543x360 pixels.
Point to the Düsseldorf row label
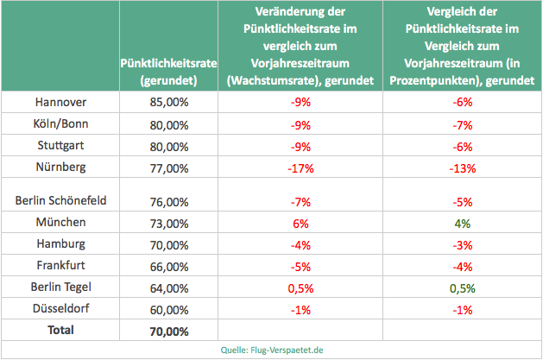(60, 308)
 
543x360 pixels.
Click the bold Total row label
(60, 330)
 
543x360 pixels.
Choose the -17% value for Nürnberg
(300, 167)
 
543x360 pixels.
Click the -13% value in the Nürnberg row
(462, 167)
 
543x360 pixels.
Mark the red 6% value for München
(300, 223)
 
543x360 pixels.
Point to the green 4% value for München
(462, 223)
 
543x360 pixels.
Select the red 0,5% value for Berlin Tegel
(300, 287)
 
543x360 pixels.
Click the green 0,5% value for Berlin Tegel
(462, 287)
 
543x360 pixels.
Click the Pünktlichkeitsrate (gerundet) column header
(169, 72)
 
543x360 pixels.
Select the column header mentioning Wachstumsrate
(300, 47)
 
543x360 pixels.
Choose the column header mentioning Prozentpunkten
(462, 47)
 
